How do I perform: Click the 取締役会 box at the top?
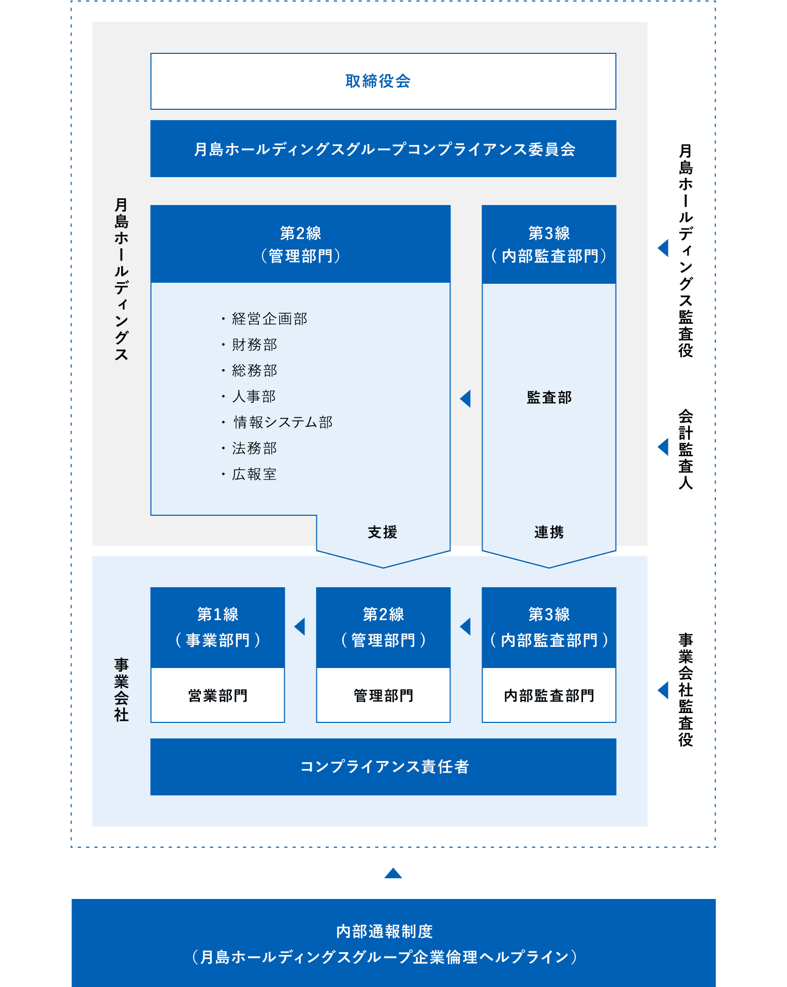[383, 81]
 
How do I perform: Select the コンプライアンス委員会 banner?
[383, 149]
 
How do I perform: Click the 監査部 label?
[549, 397]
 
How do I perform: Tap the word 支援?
[383, 532]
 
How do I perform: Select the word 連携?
[549, 532]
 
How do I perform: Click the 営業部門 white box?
[217, 695]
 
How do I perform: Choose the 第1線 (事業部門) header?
[217, 628]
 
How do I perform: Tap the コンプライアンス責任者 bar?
[383, 766]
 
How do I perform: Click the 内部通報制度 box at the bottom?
[393, 943]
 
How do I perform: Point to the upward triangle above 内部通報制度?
[393, 873]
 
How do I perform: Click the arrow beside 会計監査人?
[663, 447]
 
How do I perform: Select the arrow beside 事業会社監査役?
[663, 690]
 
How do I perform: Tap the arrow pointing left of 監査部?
[465, 398]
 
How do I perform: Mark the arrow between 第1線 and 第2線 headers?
[299, 627]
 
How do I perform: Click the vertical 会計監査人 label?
[686, 449]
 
